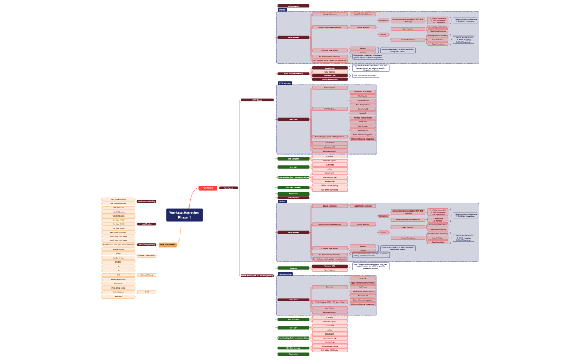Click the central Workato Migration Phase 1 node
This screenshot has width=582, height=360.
tap(184, 215)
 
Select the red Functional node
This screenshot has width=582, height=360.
tap(207, 188)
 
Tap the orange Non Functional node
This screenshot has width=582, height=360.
tap(167, 244)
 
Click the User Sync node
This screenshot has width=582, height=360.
tap(228, 188)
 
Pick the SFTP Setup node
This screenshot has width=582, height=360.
tap(256, 100)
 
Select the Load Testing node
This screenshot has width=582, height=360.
tap(146, 224)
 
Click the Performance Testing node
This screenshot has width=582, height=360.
tap(146, 202)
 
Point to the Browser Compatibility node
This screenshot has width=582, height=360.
tap(146, 256)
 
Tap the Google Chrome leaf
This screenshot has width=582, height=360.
tap(118, 249)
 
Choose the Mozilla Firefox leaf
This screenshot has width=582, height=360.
tap(118, 258)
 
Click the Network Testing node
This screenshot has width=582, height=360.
tap(146, 275)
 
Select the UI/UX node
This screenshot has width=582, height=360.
tap(146, 292)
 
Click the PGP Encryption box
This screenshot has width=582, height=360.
tap(329, 88)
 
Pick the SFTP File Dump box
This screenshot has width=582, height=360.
tap(329, 109)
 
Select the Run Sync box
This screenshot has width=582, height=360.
tap(329, 287)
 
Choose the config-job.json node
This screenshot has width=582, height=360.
tap(329, 75)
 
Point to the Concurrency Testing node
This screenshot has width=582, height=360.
tap(146, 244)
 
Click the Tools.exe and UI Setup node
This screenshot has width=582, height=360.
tap(294, 73)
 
